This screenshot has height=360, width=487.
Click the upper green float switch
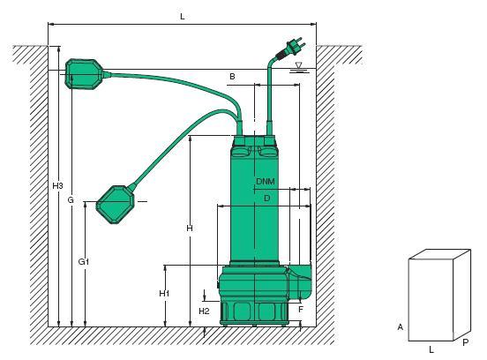point(84,74)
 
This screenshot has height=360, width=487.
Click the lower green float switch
point(116,205)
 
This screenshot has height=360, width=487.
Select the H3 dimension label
point(57,186)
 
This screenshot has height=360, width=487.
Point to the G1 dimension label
point(84,262)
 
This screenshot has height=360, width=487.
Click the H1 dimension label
point(164,293)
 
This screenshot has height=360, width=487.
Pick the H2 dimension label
point(204,311)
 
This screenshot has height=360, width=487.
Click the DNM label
point(266,181)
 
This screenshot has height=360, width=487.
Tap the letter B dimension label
point(232,77)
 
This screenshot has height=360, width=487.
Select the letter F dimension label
point(300,310)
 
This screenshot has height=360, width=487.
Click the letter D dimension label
point(266,199)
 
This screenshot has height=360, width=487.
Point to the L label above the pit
point(183,17)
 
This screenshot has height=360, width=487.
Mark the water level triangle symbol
point(299,65)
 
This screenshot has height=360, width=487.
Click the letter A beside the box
point(401,326)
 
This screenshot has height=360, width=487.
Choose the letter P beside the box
point(465,342)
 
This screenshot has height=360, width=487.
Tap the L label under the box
point(431,350)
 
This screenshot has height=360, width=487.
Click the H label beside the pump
point(190,229)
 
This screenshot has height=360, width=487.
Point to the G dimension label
point(71,200)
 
